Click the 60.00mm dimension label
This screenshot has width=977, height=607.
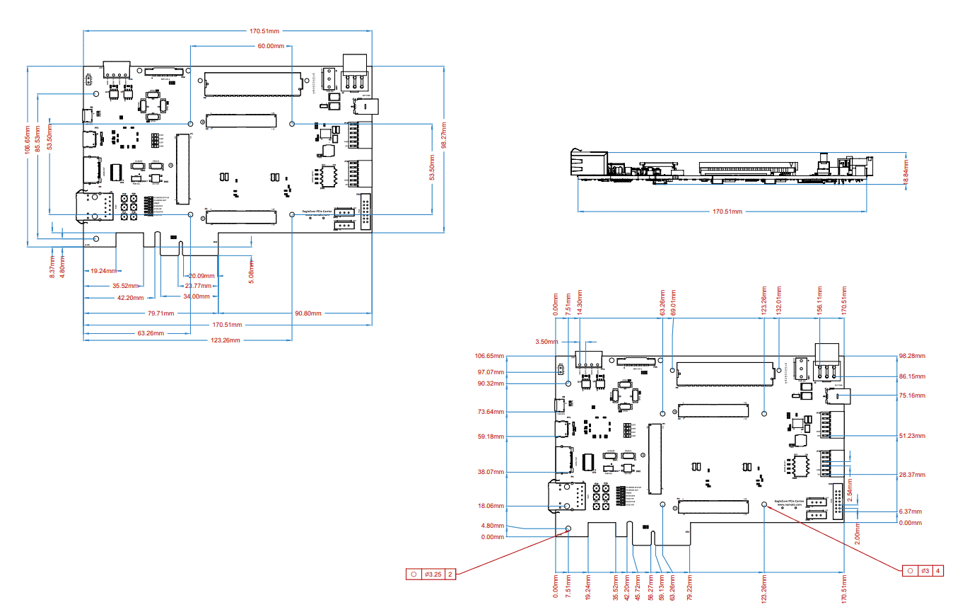click(x=271, y=46)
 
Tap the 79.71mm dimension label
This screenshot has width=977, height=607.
click(x=161, y=313)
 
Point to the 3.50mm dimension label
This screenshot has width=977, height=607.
click(x=546, y=341)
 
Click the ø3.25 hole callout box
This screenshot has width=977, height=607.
click(x=431, y=574)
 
